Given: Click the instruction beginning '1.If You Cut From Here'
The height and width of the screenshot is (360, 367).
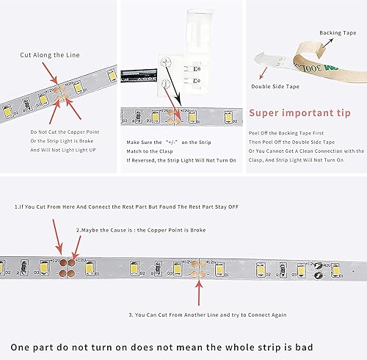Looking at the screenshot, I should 120,208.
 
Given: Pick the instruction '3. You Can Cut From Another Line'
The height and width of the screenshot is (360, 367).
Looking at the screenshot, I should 208,314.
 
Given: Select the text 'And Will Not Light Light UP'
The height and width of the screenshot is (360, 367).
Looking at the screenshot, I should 63,150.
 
